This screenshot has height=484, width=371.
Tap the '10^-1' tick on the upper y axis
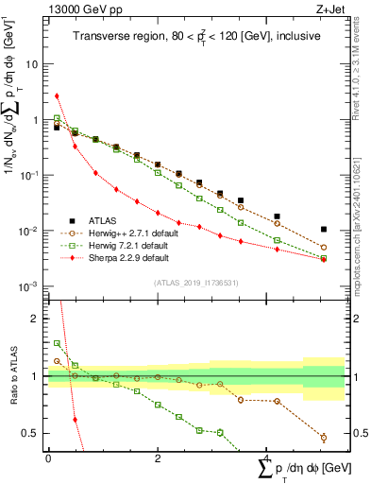[30, 176]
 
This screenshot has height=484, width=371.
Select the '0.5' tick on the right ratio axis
[358, 434]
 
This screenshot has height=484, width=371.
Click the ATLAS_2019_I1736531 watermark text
[195, 283]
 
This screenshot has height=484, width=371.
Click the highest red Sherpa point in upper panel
[58, 95]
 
